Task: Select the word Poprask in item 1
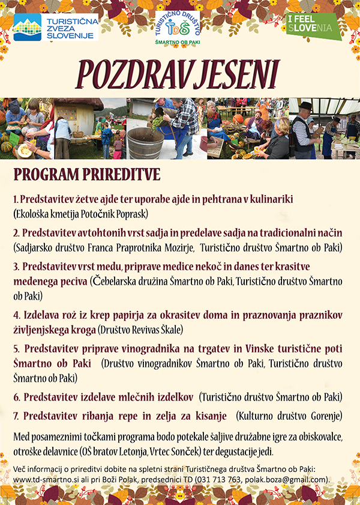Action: (x=133, y=213)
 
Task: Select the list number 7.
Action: (x=16, y=416)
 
